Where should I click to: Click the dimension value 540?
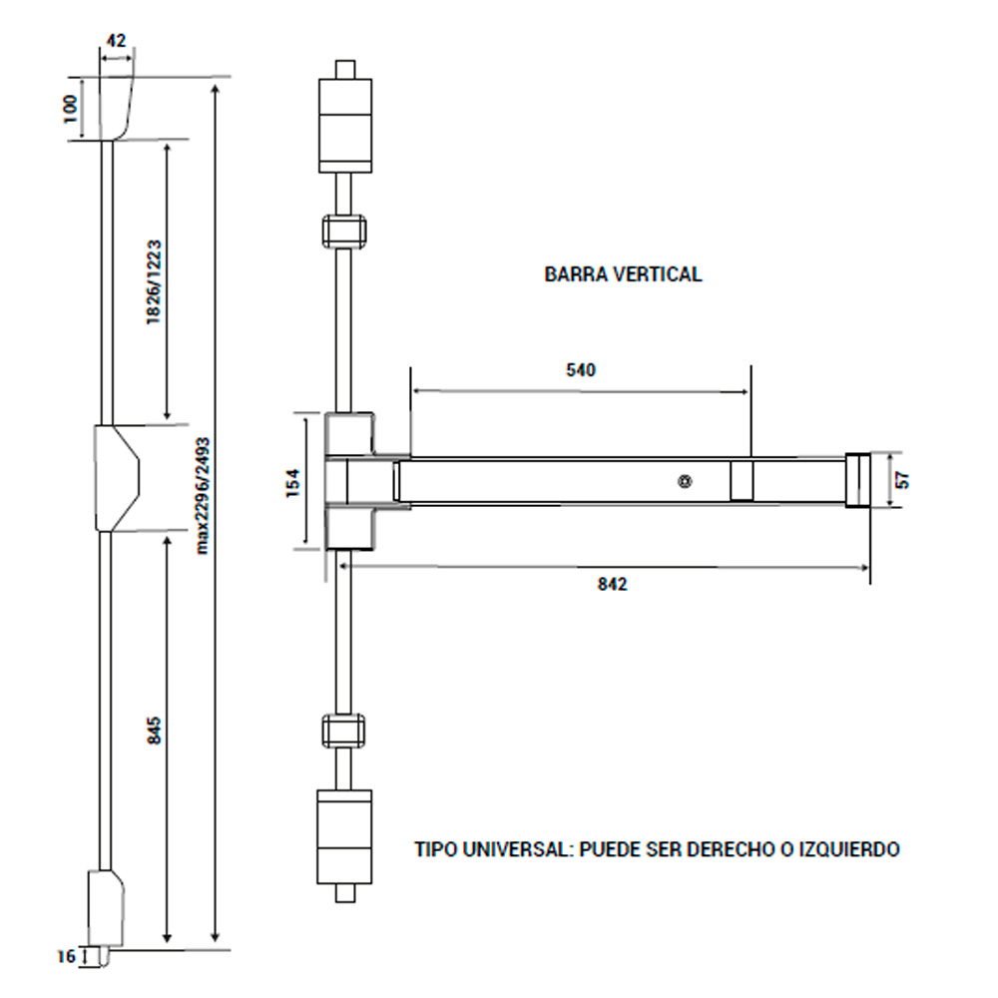click(581, 370)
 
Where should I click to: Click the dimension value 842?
click(612, 585)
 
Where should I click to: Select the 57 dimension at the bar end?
click(903, 480)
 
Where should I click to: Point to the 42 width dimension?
click(115, 41)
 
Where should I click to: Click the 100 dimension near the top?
click(70, 108)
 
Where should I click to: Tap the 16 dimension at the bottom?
click(66, 957)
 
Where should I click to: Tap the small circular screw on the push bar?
click(685, 481)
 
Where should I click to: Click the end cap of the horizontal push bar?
click(856, 480)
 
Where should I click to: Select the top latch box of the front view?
click(344, 124)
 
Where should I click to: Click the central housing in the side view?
click(117, 478)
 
